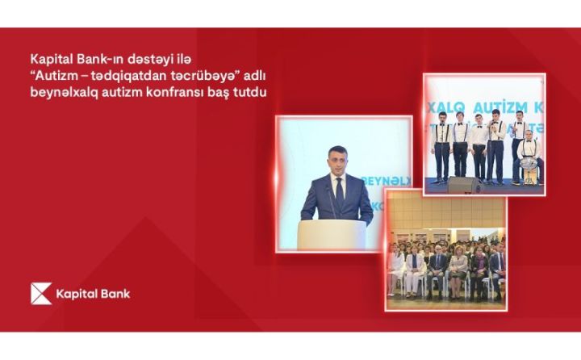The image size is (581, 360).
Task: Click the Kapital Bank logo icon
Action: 41,294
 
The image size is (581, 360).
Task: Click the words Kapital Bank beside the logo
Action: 93,294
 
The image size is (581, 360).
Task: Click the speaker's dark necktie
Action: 340,193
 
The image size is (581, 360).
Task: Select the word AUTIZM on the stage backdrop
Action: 493,106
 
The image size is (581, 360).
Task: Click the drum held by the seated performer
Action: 528,167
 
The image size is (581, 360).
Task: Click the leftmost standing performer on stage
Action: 441,145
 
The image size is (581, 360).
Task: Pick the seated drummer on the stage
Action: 529,153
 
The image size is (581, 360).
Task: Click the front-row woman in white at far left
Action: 396,270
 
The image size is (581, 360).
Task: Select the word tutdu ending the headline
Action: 252,92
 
